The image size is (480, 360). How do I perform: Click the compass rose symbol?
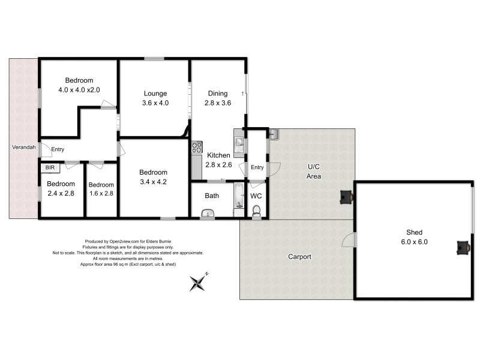click(x=198, y=282)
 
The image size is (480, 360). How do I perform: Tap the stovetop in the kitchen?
click(x=196, y=146)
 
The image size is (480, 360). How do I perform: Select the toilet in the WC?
click(x=257, y=210)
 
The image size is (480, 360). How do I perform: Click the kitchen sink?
click(x=239, y=143)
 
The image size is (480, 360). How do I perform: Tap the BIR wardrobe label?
click(x=50, y=169)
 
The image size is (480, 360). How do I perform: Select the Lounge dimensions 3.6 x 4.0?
click(x=155, y=103)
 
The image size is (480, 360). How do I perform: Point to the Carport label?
click(x=299, y=257)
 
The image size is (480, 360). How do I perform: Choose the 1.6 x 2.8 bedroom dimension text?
click(x=101, y=193)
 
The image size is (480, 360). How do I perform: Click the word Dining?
click(x=218, y=93)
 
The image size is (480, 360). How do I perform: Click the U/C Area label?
click(x=314, y=172)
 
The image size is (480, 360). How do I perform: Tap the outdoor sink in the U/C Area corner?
click(x=274, y=134)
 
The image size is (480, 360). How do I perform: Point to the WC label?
click(x=256, y=196)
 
